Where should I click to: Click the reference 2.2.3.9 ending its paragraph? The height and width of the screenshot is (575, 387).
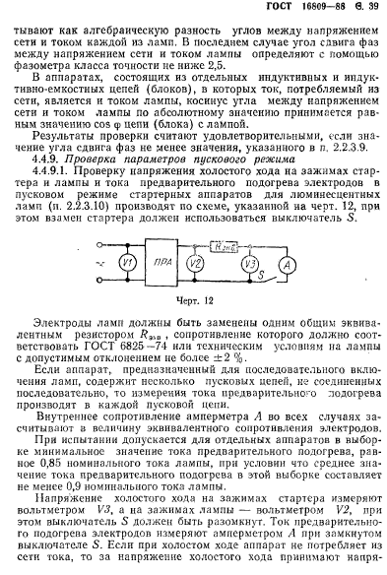[335, 146]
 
